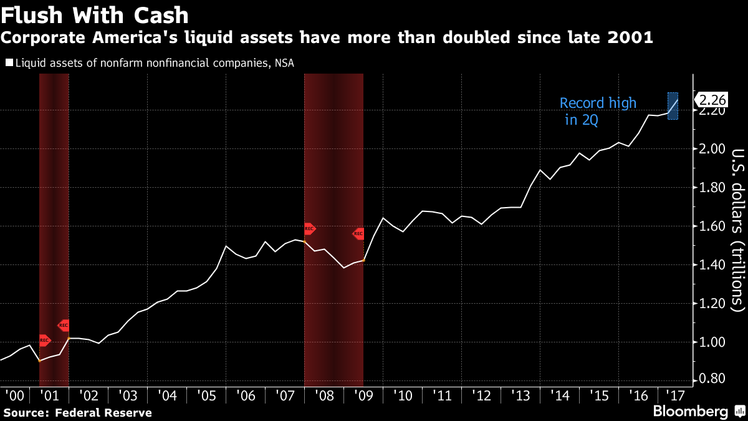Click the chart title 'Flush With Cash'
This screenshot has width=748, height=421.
95,15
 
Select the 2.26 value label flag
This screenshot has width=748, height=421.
711,100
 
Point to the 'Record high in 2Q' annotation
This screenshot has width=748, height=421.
597,112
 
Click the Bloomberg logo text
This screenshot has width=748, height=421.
690,412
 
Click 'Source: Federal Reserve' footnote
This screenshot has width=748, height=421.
78,412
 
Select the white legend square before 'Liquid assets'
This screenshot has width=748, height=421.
9,62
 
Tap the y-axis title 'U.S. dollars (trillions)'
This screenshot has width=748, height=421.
737,230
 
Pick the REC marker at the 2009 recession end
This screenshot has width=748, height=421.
358,234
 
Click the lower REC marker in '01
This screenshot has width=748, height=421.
44,341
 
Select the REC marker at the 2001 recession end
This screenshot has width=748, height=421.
64,325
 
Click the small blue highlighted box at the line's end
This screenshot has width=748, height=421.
673,106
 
